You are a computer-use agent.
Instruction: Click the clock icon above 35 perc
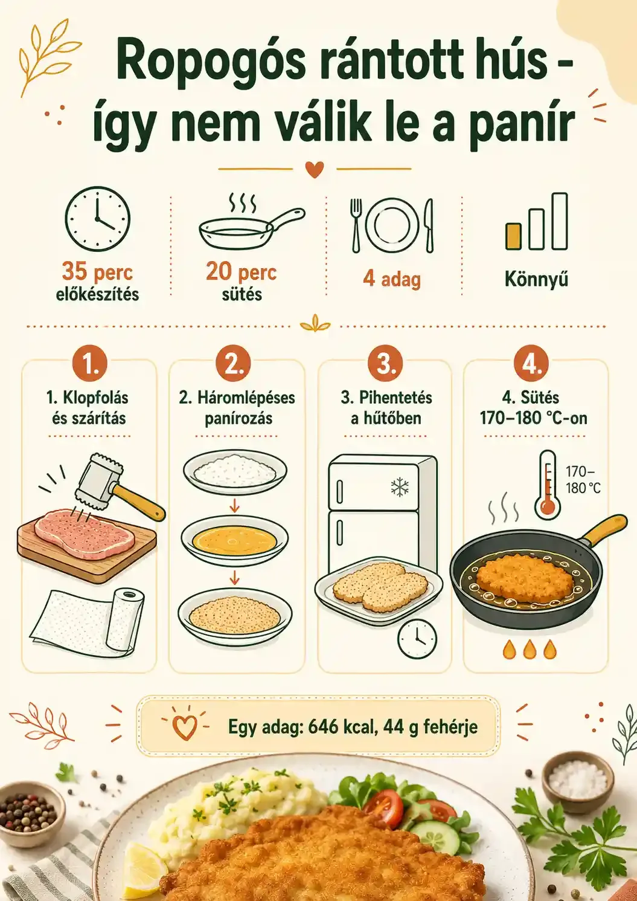(x=97, y=219)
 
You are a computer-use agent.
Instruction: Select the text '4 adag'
(x=392, y=279)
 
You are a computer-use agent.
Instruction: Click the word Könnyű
(x=537, y=279)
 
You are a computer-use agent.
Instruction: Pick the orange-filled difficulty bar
(x=513, y=236)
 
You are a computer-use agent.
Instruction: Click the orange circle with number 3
(x=385, y=363)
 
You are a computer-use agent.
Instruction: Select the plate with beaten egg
(x=234, y=539)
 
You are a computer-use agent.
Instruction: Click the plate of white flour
(x=235, y=471)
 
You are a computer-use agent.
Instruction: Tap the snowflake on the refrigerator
(x=400, y=487)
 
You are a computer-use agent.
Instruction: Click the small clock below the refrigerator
(x=417, y=638)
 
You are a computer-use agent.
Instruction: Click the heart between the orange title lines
(x=315, y=169)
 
